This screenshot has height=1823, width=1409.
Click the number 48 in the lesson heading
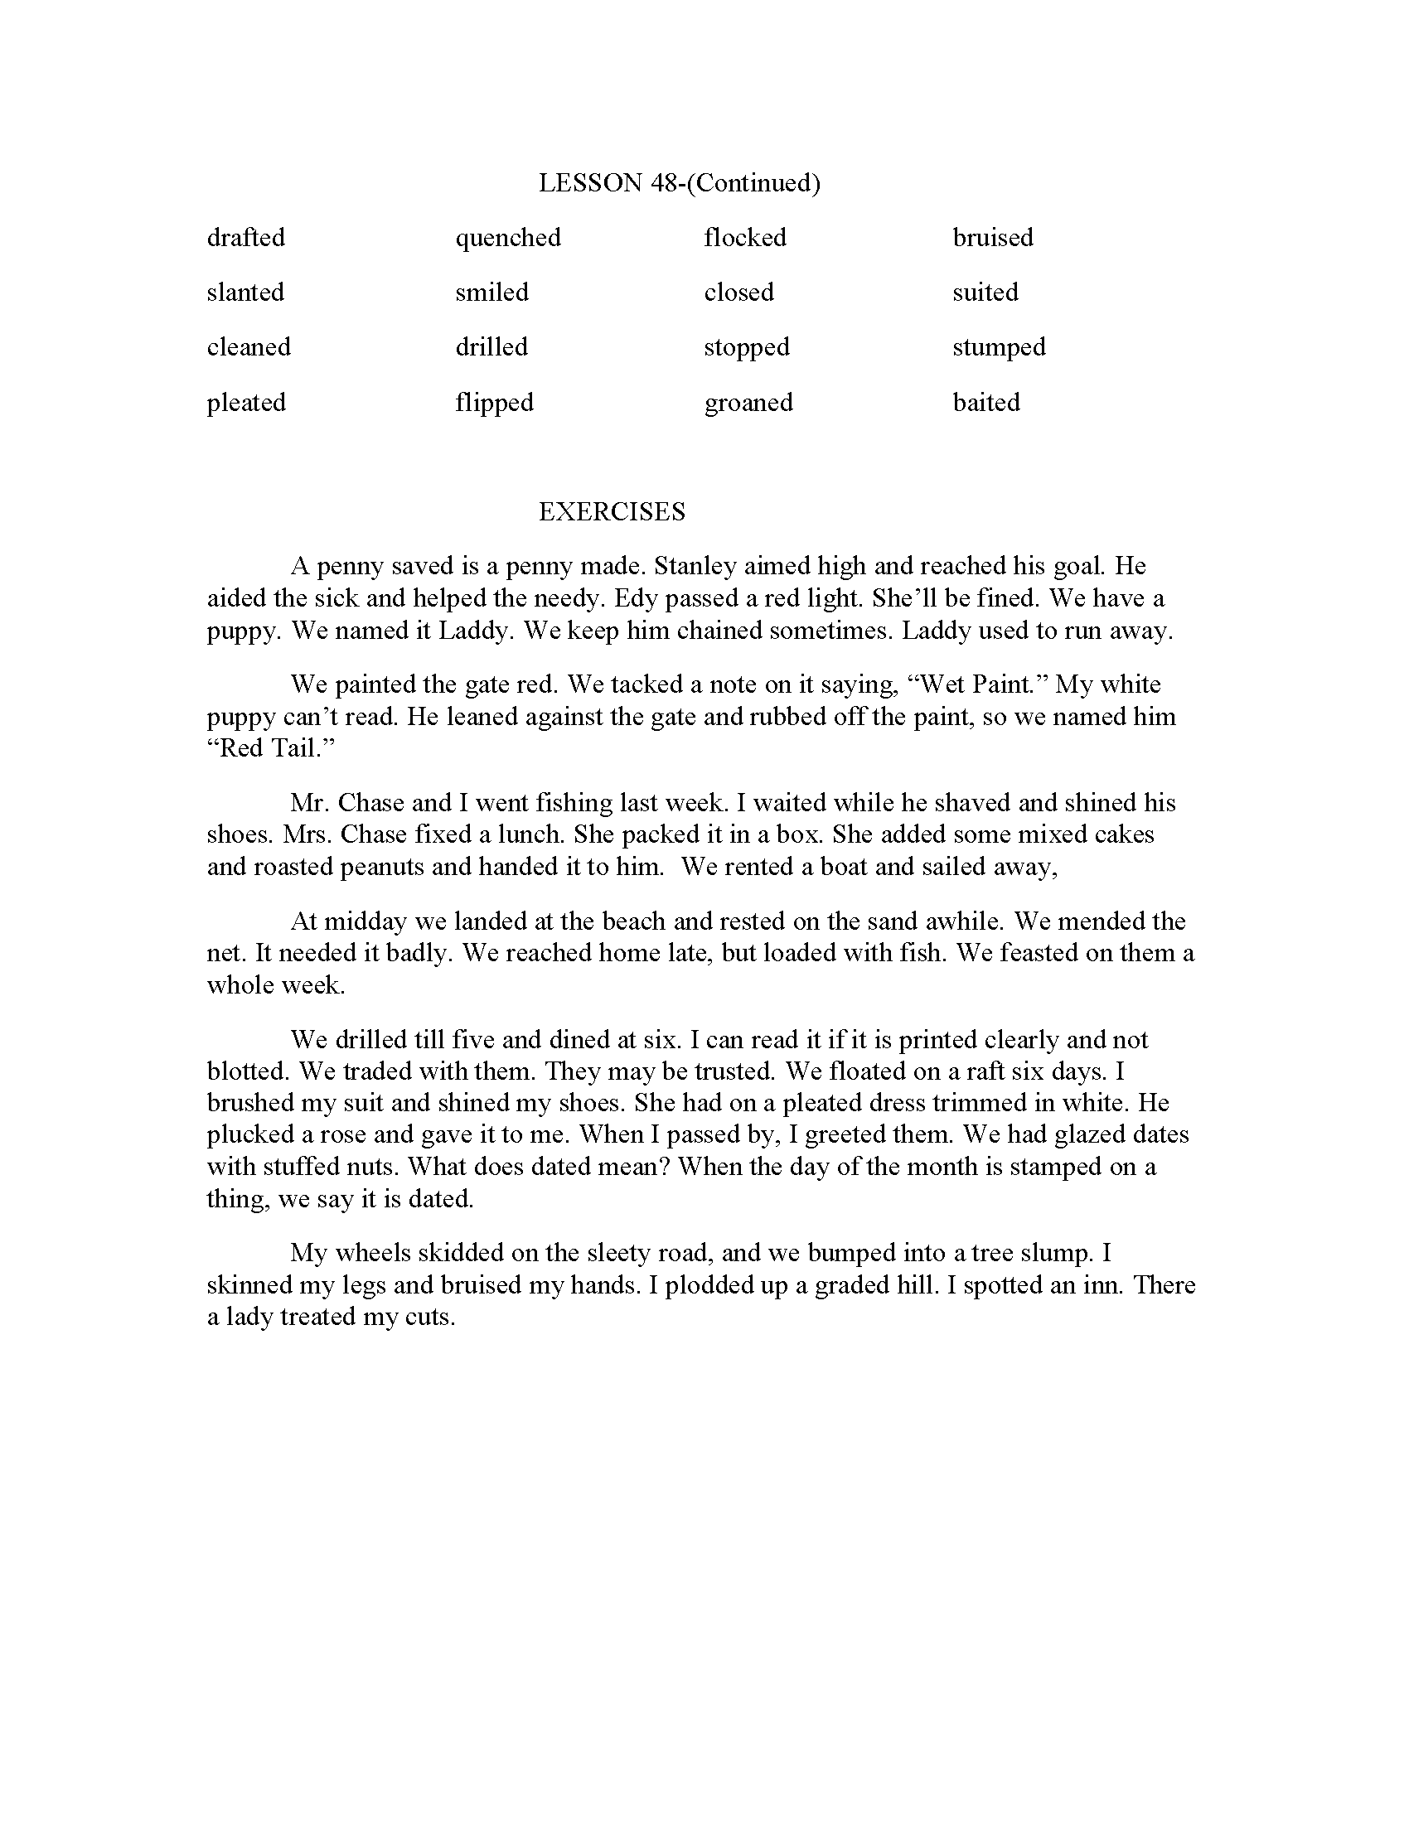(663, 183)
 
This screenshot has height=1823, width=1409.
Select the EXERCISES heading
(612, 511)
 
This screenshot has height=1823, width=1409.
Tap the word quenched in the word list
(507, 238)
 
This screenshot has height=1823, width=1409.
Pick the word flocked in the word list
(744, 238)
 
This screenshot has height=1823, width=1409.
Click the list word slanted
(245, 293)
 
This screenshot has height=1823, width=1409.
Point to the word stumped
(999, 347)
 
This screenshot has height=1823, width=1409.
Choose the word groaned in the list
(748, 403)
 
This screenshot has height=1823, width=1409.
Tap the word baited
(985, 403)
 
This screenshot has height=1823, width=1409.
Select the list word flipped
(494, 403)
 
